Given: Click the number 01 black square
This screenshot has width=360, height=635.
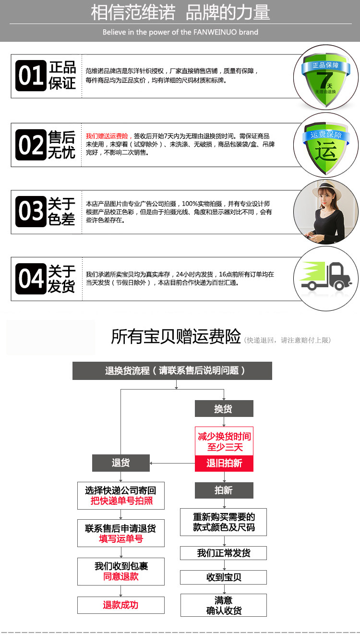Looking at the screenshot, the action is pyautogui.click(x=31, y=75).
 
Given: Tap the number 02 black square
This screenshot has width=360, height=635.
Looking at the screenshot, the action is pyautogui.click(x=31, y=145).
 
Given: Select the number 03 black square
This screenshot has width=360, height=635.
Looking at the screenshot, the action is pyautogui.click(x=31, y=211).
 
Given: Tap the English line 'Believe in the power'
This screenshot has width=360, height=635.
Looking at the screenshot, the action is pyautogui.click(x=180, y=32).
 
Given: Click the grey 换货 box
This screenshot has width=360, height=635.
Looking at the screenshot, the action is pyautogui.click(x=224, y=409).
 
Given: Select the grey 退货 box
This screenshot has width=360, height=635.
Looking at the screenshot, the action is pyautogui.click(x=121, y=463).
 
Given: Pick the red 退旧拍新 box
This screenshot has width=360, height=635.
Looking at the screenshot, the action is pyautogui.click(x=224, y=464).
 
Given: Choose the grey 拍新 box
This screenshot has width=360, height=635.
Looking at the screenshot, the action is pyautogui.click(x=224, y=490).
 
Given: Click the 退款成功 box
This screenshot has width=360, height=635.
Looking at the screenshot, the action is pyautogui.click(x=121, y=605).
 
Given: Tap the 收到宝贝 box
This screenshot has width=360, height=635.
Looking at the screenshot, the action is pyautogui.click(x=224, y=577).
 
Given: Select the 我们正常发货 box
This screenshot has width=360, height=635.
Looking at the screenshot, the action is pyautogui.click(x=224, y=553).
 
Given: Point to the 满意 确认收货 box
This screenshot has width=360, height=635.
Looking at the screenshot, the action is pyautogui.click(x=224, y=605).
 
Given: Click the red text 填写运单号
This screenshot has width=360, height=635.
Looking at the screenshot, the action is pyautogui.click(x=121, y=539).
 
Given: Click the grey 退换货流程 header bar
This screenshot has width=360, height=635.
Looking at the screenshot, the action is pyautogui.click(x=172, y=370).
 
